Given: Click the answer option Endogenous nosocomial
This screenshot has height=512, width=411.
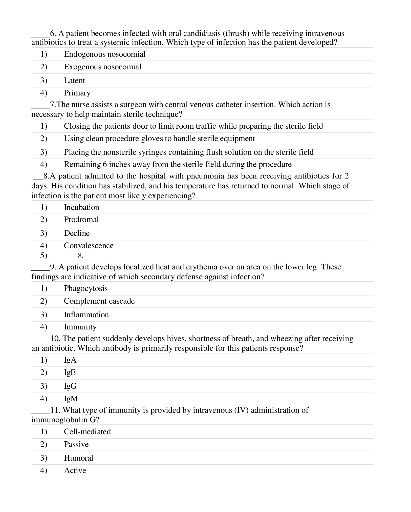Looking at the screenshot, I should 104,54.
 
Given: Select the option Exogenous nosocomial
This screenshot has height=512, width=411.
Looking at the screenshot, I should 102,67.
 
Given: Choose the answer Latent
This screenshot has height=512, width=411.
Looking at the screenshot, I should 74,81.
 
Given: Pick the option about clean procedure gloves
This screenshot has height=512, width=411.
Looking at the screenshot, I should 159,139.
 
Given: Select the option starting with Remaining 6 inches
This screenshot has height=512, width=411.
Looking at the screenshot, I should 178,164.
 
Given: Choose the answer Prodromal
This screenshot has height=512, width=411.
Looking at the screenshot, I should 81,220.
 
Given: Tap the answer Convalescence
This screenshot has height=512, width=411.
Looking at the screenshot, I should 89,246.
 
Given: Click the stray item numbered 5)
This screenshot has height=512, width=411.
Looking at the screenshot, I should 44,255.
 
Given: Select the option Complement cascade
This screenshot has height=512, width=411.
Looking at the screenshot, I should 99,301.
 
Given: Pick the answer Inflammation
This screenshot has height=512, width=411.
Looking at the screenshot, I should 86,315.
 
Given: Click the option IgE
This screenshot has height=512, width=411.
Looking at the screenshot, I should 70,372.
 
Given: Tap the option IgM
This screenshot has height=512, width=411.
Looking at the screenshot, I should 71,399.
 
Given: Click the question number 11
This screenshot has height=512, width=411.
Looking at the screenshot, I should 55,410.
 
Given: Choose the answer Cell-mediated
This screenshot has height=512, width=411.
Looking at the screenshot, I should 87,432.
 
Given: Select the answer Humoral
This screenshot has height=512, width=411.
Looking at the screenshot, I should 78,458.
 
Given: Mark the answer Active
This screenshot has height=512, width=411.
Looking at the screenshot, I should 75,470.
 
